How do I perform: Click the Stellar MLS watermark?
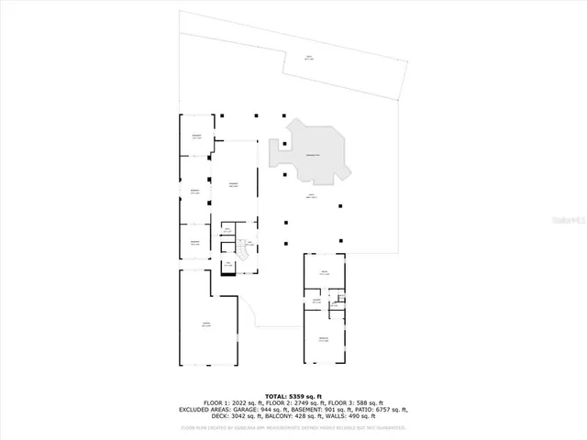click(567, 222)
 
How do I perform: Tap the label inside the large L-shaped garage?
click(205, 326)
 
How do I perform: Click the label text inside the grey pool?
click(312, 156)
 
